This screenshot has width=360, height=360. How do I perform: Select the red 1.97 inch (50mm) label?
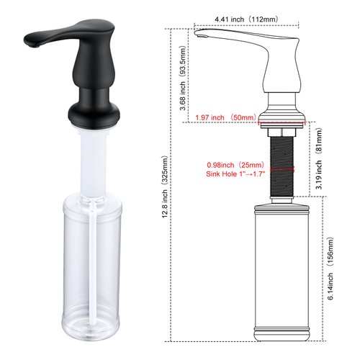[224, 118]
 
